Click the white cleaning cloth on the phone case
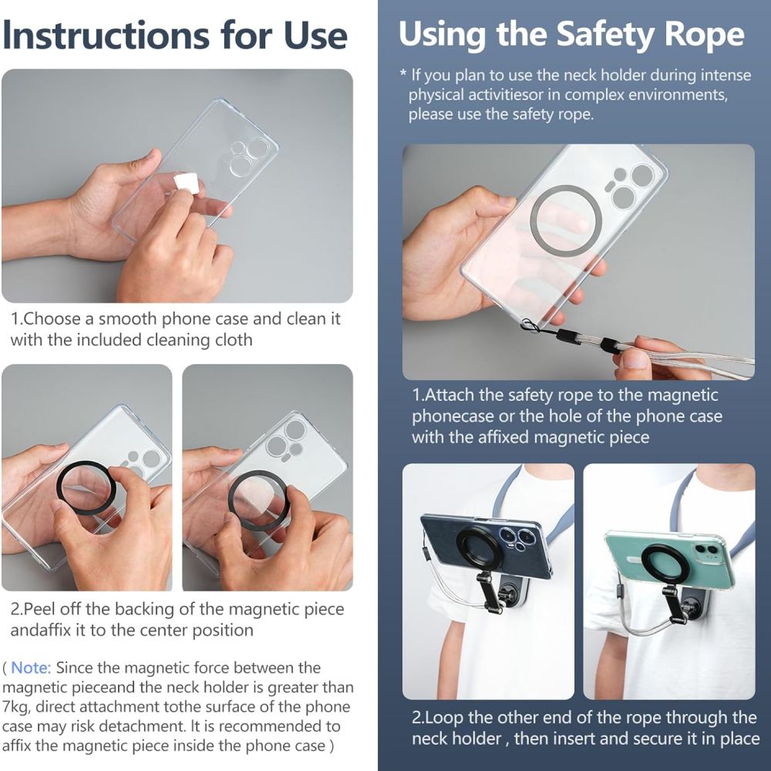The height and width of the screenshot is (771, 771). tap(185, 183)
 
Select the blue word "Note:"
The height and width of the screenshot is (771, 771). tap(31, 668)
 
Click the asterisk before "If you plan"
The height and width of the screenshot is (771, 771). tap(402, 76)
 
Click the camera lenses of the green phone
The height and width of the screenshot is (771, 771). tap(705, 550)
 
